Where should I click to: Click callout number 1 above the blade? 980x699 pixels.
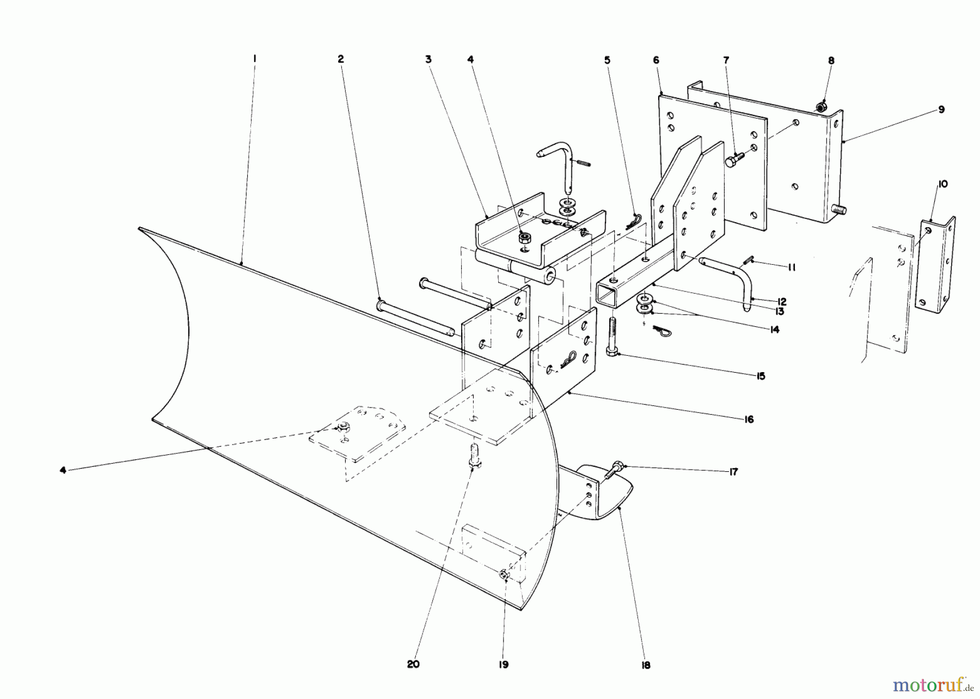pos(254,58)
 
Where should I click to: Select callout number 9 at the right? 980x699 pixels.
pos(941,110)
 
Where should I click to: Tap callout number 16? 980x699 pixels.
pos(749,419)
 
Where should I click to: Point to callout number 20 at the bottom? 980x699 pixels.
pos(413,665)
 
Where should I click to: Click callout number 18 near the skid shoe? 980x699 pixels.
pos(646,665)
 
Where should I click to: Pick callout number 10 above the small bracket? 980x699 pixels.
pos(943,184)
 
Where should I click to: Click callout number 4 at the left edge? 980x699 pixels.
pos(63,470)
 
